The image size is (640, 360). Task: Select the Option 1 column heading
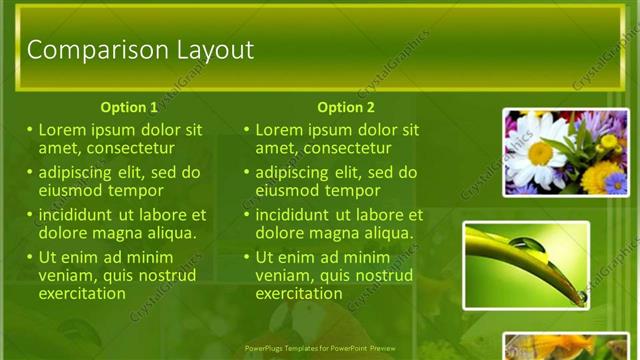[129, 107]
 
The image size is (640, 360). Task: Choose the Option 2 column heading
[346, 107]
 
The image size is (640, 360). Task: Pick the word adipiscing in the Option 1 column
[80, 172]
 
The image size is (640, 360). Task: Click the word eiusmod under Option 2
[289, 190]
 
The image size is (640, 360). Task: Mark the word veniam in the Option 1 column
[66, 275]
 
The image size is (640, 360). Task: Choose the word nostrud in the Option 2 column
[376, 275]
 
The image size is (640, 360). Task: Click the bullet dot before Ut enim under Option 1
[30, 257]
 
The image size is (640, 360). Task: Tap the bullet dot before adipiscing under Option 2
[247, 172]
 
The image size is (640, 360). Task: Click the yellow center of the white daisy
[540, 153]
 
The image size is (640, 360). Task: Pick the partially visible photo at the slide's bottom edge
[566, 346]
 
